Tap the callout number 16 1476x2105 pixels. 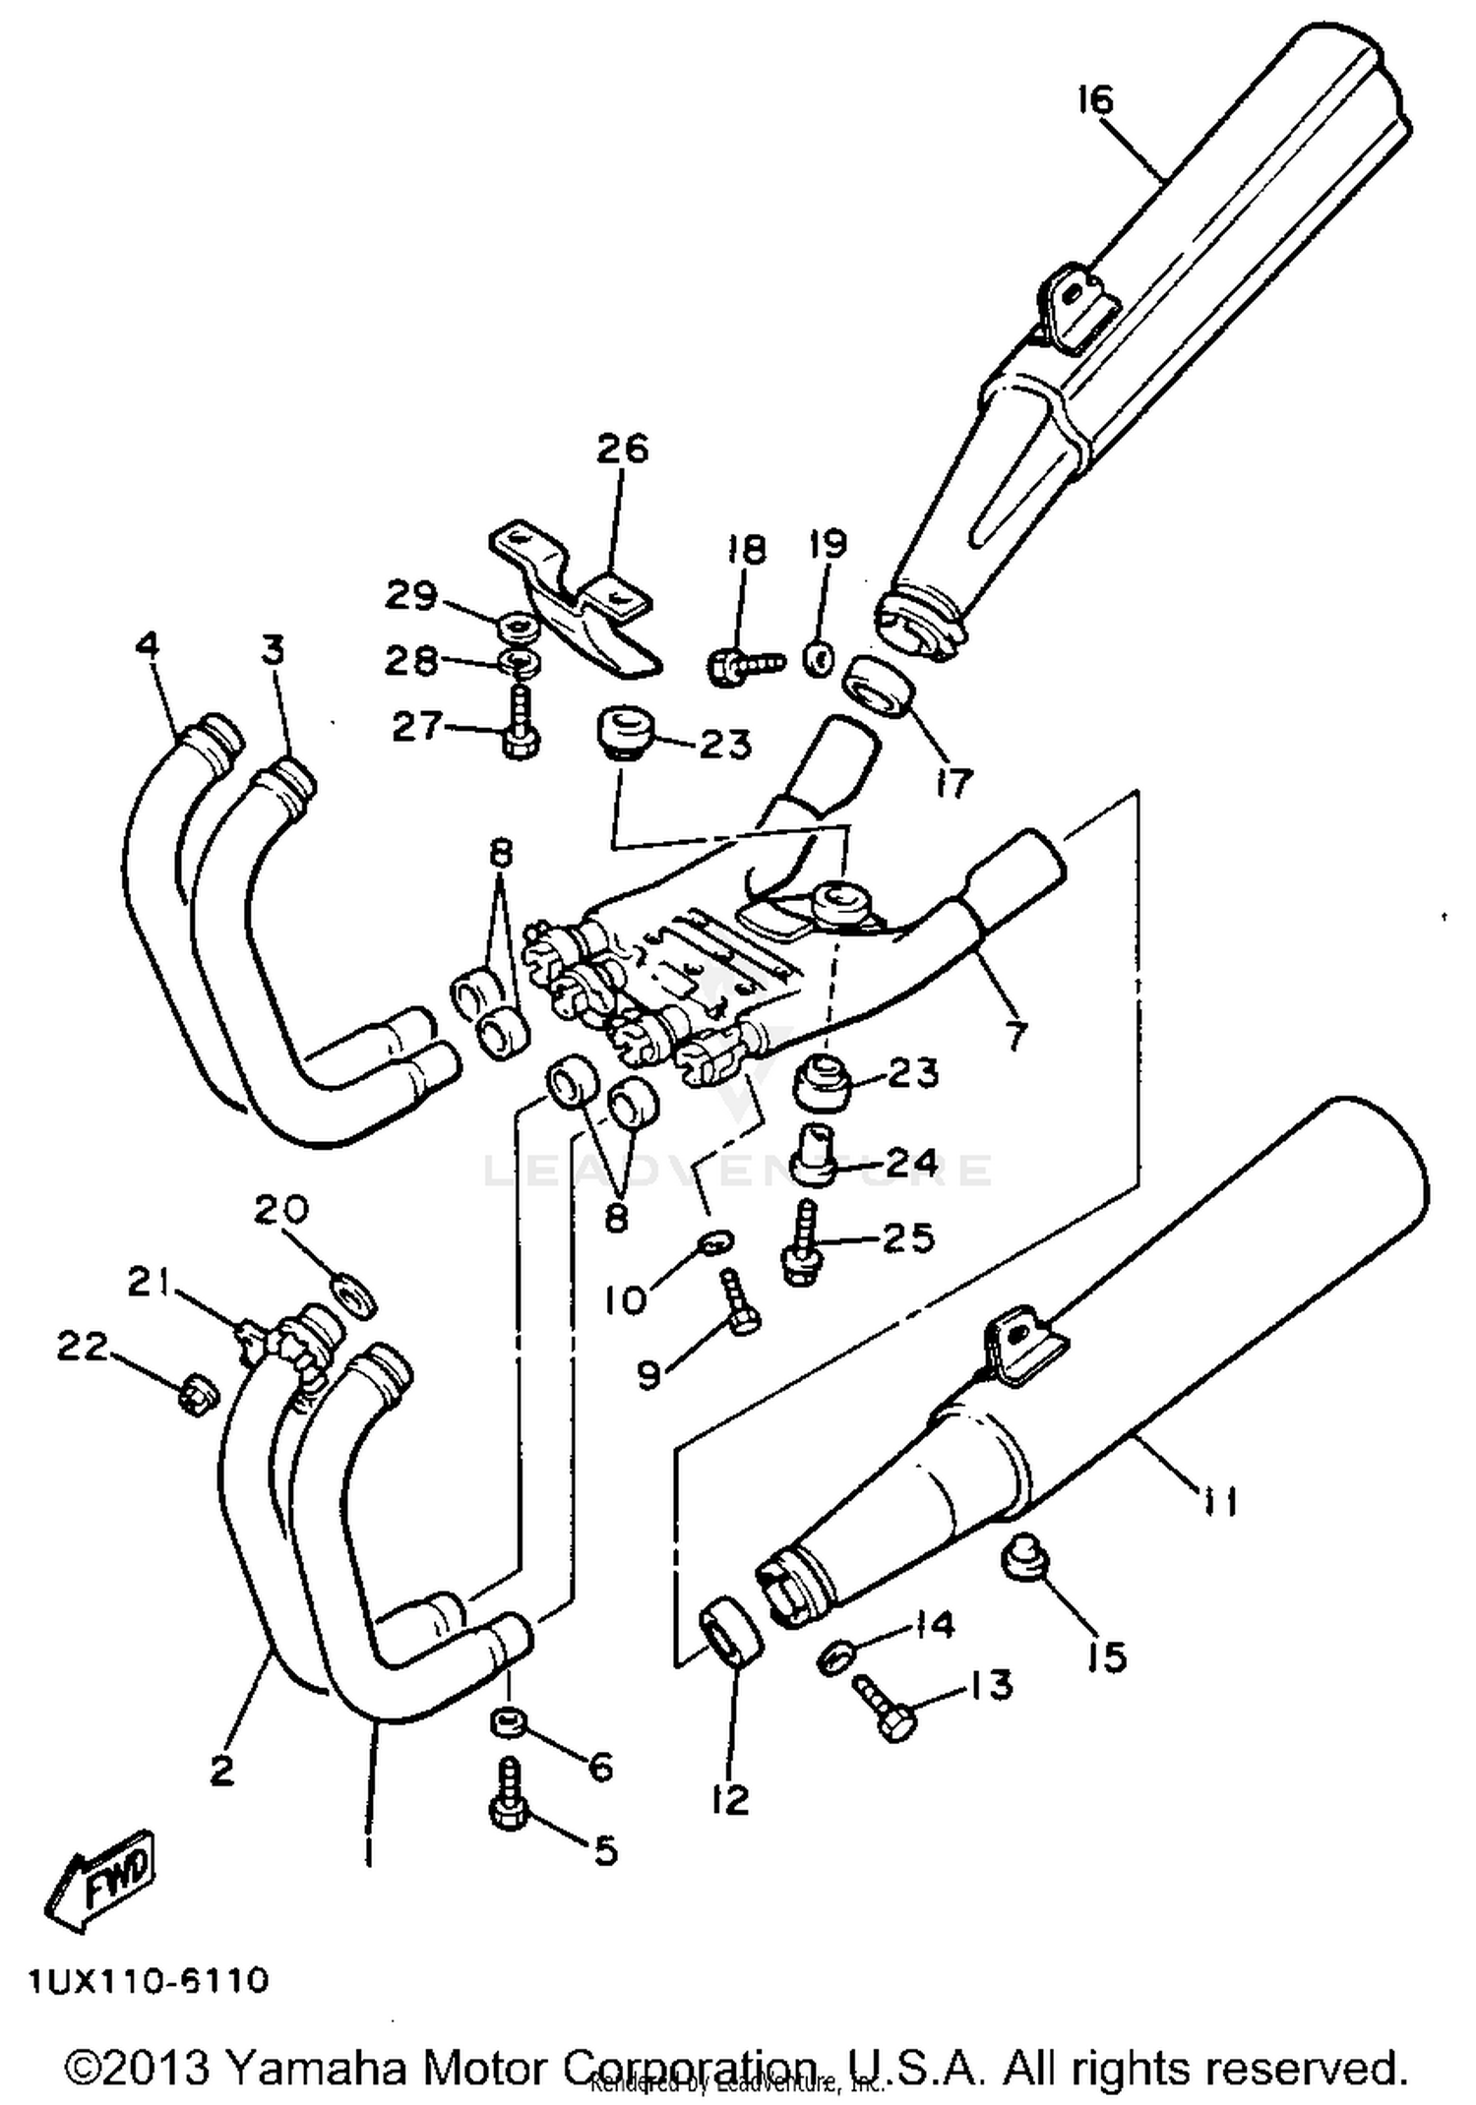click(x=1094, y=99)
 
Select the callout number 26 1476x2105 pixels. click(x=623, y=449)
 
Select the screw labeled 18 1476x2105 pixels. click(x=744, y=665)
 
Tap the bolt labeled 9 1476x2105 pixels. click(x=739, y=1301)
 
